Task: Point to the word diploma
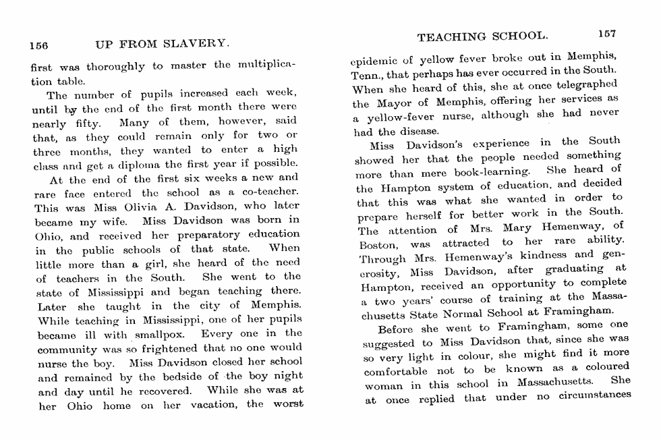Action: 158,163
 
